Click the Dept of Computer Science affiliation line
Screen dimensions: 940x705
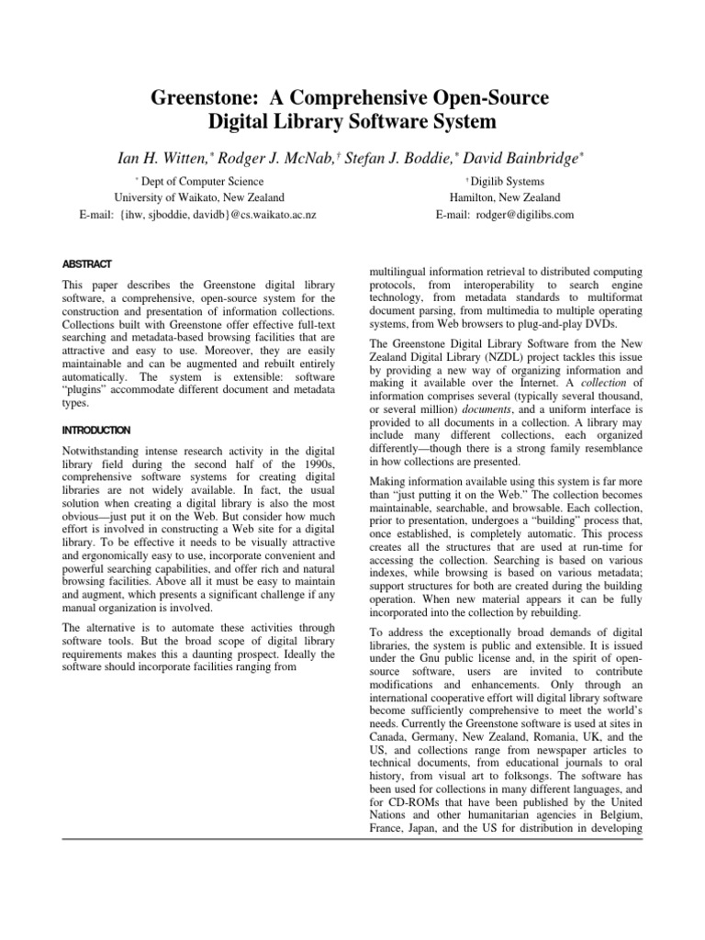pos(202,182)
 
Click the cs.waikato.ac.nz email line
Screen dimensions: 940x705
pos(198,215)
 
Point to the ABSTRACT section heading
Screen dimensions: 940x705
pos(86,263)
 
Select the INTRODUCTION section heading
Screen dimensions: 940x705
pos(96,430)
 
